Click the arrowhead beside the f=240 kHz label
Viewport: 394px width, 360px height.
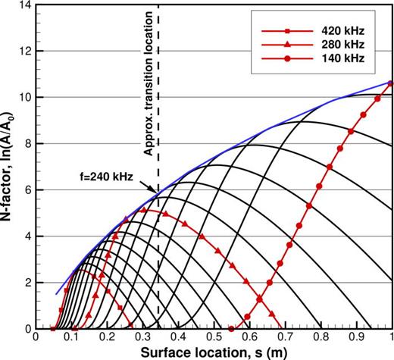[x=155, y=193]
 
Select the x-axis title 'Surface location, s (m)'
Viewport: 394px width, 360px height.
[x=214, y=351]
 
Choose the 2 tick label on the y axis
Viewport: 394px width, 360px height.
[x=30, y=282]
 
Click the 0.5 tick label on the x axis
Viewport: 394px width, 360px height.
[x=214, y=337]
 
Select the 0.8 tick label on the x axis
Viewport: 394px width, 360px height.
[x=321, y=337]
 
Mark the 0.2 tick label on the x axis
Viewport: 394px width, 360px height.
[x=108, y=337]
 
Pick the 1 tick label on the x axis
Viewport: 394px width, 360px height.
[x=391, y=337]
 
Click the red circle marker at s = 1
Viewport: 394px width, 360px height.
[x=390, y=83]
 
